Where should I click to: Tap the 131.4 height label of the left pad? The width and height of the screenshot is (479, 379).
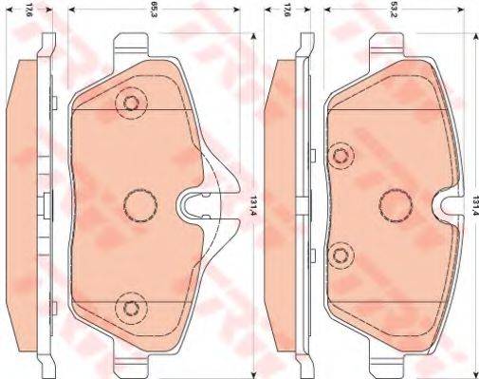tap(252, 200)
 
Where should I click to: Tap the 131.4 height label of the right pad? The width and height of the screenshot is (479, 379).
tap(471, 200)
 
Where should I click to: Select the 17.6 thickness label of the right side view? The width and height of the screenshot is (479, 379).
tap(286, 13)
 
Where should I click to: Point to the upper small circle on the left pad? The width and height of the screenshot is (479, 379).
tap(130, 104)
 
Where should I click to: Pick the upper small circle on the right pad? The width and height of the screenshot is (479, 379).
tap(341, 153)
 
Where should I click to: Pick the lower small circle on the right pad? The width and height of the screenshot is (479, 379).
tap(341, 253)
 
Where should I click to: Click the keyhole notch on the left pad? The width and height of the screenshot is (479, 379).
tap(196, 202)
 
